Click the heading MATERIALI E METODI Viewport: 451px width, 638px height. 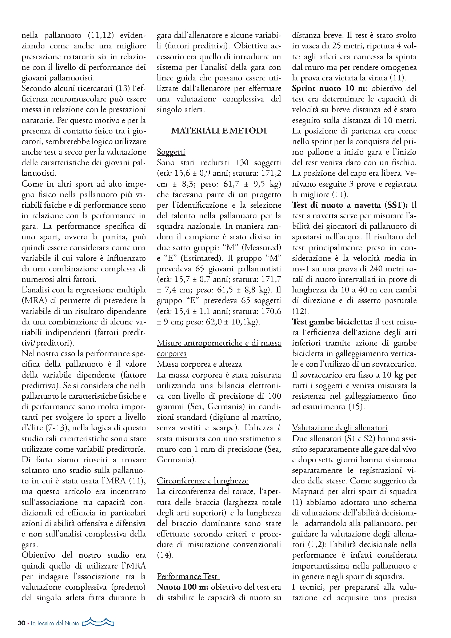pyautogui.click(x=219, y=131)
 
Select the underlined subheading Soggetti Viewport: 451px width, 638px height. pyautogui.click(x=171, y=152)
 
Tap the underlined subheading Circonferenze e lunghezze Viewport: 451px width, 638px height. pyautogui.click(x=203, y=481)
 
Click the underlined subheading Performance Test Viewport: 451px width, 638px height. pyautogui.click(x=188, y=576)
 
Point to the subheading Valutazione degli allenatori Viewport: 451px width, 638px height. pyautogui.click(x=340, y=428)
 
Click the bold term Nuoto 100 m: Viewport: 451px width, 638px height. pyautogui.click(x=183, y=587)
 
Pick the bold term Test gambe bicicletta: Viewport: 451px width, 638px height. pyautogui.click(x=332, y=322)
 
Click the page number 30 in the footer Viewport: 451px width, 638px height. pyautogui.click(x=21, y=623)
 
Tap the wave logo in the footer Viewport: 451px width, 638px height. pyautogui.click(x=98, y=622)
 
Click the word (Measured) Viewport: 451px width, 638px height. pyautogui.click(x=261, y=248)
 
